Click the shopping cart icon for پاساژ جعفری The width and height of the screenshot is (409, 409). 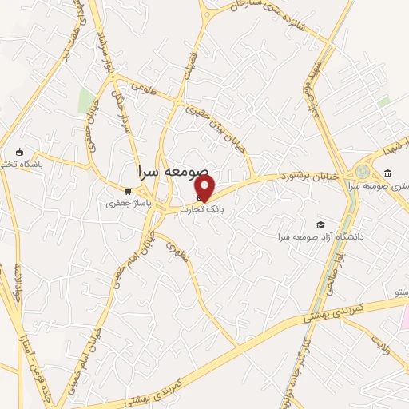point(128,191)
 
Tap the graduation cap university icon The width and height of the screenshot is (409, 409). point(320,224)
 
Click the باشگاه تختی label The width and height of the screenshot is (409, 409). point(19,165)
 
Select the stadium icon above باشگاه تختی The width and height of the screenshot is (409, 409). point(20,153)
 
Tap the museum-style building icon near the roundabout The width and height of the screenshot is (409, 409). point(387,173)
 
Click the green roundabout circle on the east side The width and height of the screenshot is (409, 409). point(364,172)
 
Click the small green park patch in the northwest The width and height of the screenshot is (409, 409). point(86,101)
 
